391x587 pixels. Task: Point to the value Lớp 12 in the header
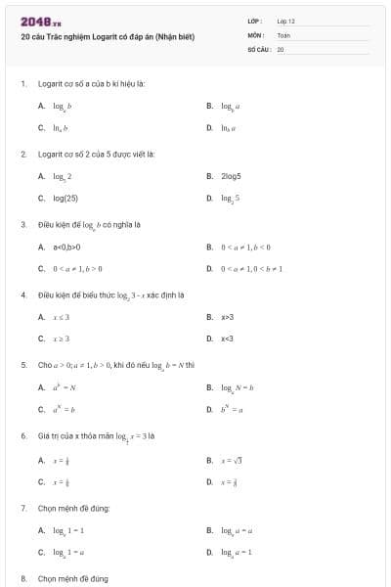[285, 21]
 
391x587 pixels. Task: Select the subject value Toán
[282, 34]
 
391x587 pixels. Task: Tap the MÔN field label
[255, 34]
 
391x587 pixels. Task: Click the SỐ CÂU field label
[258, 48]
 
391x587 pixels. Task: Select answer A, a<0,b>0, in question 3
[68, 247]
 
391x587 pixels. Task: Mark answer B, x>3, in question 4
[226, 317]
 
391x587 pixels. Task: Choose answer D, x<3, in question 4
[226, 339]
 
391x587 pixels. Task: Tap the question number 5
[23, 365]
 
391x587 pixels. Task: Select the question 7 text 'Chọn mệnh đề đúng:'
[72, 509]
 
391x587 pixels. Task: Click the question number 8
[23, 579]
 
